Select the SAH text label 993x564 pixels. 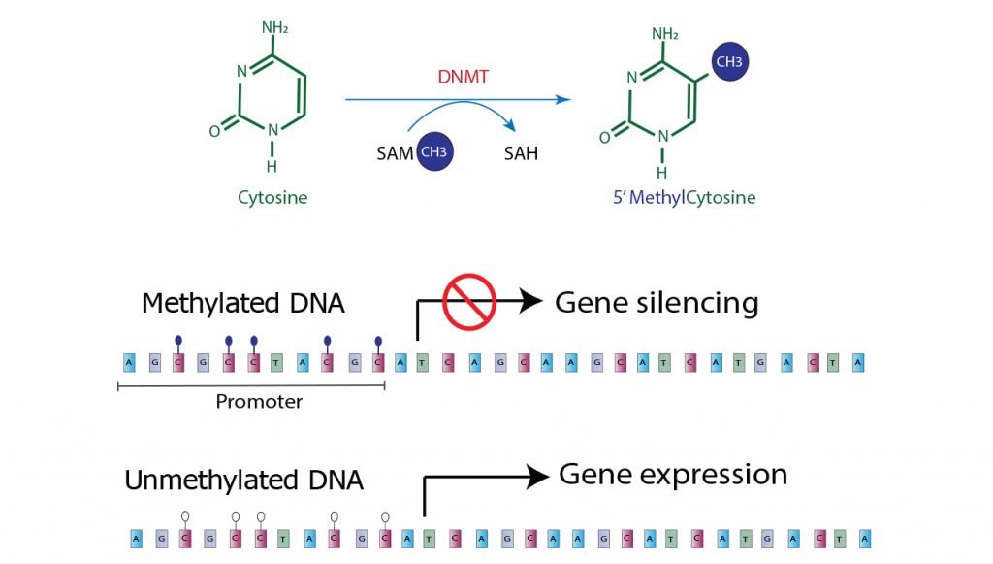[x=521, y=154]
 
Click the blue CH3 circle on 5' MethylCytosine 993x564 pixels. [x=728, y=62]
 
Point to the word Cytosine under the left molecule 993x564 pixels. [x=272, y=198]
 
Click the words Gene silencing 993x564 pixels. [x=657, y=303]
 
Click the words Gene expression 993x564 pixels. [x=673, y=475]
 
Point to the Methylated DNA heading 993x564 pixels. [x=242, y=303]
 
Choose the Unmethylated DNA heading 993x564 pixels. [x=243, y=480]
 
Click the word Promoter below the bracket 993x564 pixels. [x=259, y=401]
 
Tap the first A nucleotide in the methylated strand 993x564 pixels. [x=129, y=363]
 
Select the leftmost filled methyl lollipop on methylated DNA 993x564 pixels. [x=178, y=342]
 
